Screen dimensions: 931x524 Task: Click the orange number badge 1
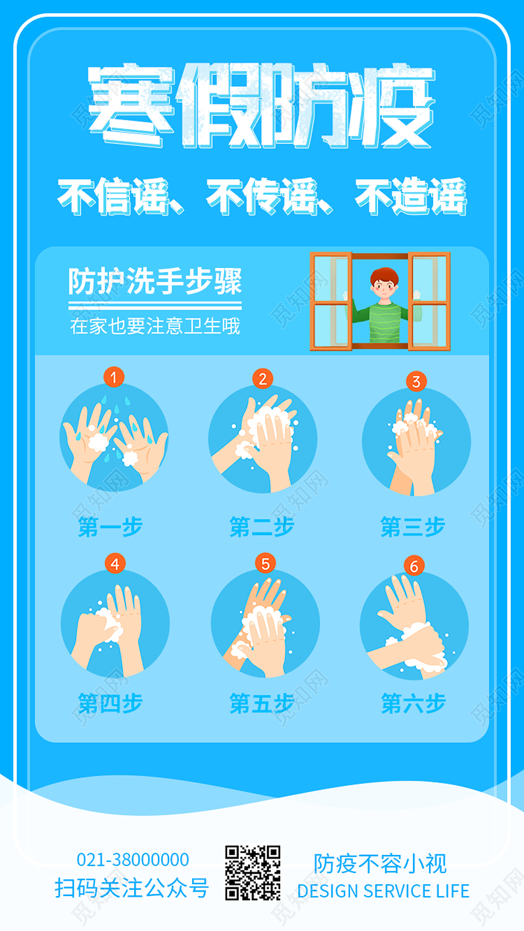coord(114,376)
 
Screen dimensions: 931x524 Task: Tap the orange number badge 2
coord(263,378)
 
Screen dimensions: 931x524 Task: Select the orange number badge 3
coord(416,381)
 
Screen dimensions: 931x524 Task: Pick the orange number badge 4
coord(114,563)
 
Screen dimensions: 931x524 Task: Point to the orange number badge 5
coord(265,563)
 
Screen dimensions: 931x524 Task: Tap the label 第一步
coord(110,527)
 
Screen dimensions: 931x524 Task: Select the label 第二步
coord(261,527)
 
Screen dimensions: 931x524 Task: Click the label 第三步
coord(413,527)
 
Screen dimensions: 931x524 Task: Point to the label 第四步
coord(110,704)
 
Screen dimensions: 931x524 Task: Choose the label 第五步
coord(261,704)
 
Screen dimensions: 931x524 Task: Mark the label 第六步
coord(413,704)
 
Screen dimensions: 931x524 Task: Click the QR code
coord(253,872)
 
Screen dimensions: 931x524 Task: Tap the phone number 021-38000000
coord(132,860)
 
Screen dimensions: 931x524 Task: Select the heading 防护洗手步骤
coord(155,282)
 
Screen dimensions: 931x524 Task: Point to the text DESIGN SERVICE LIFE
coord(383,891)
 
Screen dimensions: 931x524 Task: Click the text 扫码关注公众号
coord(132,887)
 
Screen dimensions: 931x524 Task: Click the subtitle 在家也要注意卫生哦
coord(155,327)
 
